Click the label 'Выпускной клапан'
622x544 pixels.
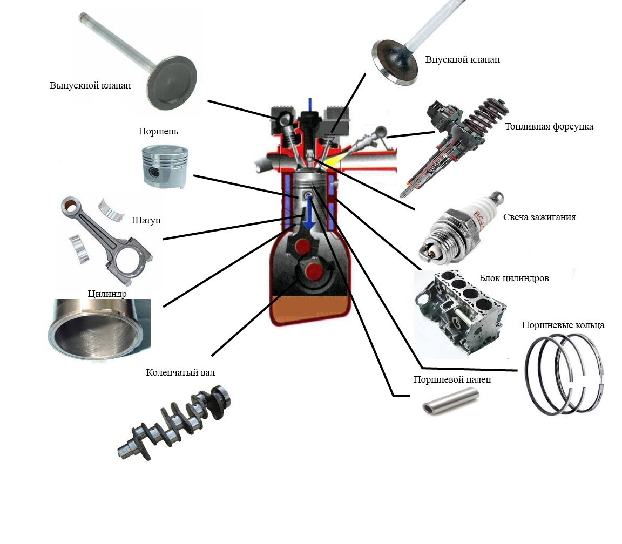tap(90, 86)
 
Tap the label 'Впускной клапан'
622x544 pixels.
tap(463, 60)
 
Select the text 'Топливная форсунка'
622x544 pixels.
tap(549, 127)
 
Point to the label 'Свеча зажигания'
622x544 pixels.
tap(539, 217)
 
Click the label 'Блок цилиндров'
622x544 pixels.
tap(513, 278)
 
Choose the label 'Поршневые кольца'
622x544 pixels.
tap(563, 325)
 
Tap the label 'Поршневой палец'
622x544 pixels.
tap(452, 380)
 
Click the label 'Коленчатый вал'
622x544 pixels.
tap(180, 373)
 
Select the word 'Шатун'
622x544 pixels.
tap(146, 220)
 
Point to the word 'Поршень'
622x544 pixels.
tap(158, 132)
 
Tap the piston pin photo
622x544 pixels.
tap(450, 402)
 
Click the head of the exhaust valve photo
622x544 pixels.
tap(172, 83)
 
